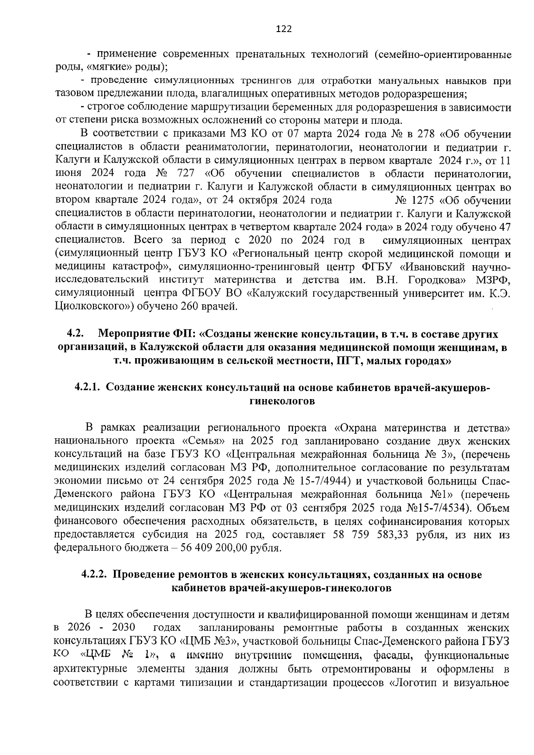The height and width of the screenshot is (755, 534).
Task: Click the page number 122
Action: [x=283, y=29]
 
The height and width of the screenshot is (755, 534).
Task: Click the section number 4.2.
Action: [x=75, y=334]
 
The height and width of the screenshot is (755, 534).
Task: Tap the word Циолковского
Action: [x=94, y=306]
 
